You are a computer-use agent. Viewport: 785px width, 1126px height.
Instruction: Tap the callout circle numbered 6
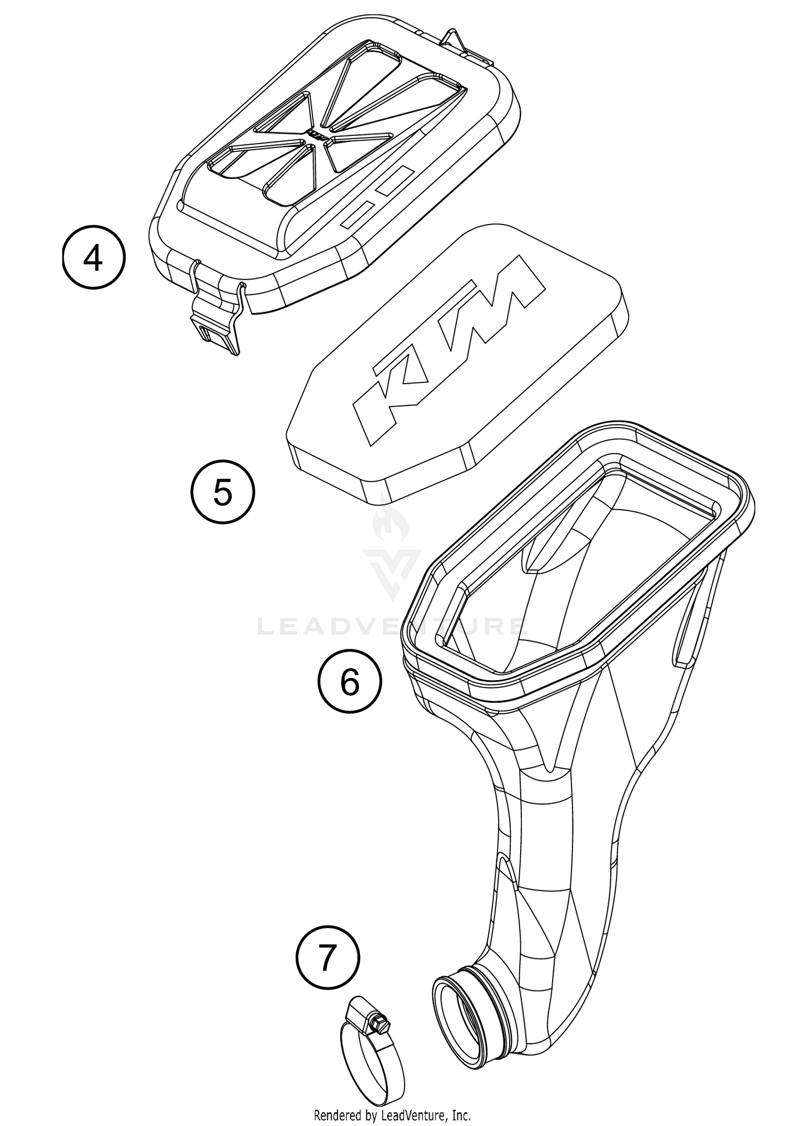tap(350, 681)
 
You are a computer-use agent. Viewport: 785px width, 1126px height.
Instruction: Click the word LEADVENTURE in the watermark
tap(392, 626)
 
